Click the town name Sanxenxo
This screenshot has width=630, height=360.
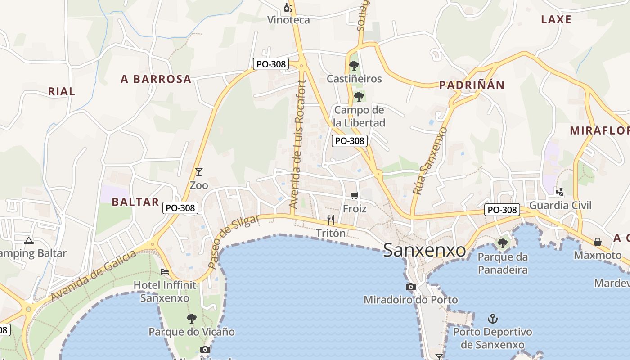click(424, 250)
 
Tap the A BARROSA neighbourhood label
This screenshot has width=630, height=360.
click(156, 79)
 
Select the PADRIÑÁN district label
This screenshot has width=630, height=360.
click(472, 85)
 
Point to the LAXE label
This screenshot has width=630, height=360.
click(556, 19)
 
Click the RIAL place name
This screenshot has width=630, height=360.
click(62, 91)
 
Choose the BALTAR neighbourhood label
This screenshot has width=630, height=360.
click(135, 202)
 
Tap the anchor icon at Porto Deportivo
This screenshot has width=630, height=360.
click(493, 319)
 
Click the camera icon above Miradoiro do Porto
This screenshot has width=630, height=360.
click(410, 287)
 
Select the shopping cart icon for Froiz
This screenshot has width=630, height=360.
click(355, 196)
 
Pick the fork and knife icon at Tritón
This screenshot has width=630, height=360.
click(331, 220)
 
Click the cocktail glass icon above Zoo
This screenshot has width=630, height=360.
click(198, 171)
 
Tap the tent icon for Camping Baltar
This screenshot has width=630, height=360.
click(29, 240)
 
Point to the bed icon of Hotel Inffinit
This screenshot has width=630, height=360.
click(165, 272)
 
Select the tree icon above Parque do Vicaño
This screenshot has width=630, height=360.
click(192, 319)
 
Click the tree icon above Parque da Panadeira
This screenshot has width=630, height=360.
click(502, 243)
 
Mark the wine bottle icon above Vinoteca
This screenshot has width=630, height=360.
click(288, 7)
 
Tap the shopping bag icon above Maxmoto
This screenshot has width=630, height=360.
click(597, 242)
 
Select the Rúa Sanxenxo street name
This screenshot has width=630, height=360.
click(430, 161)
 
